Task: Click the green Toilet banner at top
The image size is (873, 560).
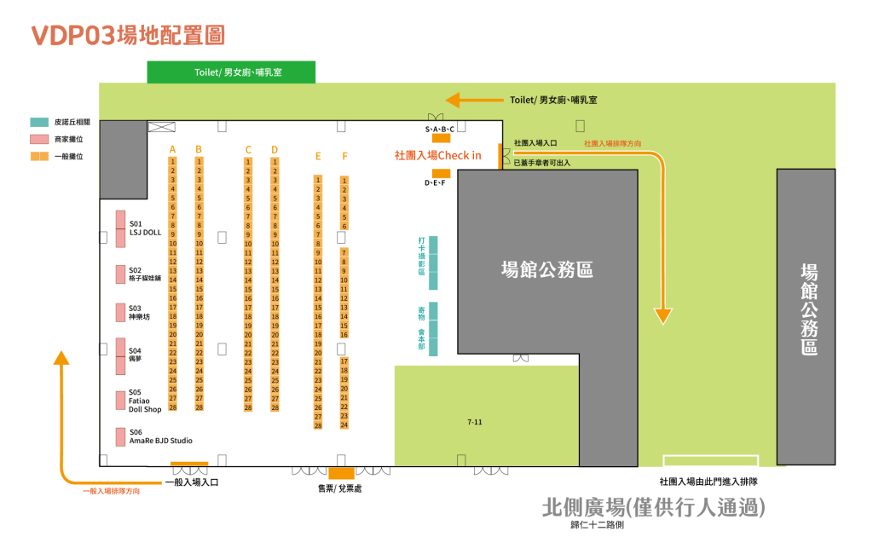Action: (231, 72)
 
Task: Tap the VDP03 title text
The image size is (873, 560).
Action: (128, 35)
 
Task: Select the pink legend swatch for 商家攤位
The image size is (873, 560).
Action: (39, 139)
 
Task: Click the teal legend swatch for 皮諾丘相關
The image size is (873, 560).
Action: (39, 122)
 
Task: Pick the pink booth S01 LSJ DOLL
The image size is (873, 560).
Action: (121, 228)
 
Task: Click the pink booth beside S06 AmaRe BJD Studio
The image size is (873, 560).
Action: (121, 436)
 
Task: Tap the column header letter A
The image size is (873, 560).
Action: (172, 149)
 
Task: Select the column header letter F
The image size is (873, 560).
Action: (344, 156)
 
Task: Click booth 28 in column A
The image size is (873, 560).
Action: (172, 407)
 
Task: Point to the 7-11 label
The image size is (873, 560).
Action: (475, 421)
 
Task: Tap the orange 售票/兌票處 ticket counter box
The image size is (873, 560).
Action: (341, 473)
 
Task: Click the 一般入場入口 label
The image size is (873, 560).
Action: (191, 482)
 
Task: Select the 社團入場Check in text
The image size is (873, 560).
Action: (437, 155)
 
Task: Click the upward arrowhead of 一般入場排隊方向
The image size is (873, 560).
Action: (61, 357)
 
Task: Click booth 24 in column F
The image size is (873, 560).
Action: (344, 424)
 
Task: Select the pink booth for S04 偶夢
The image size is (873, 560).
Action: (121, 355)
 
